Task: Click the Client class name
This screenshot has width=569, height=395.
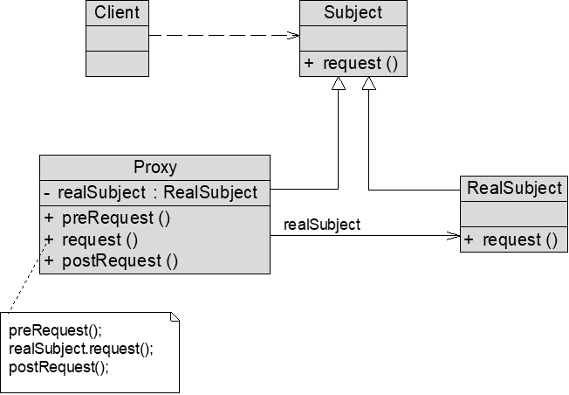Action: (117, 12)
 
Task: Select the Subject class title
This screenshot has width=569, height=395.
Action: (353, 12)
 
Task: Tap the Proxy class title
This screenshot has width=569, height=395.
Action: (155, 167)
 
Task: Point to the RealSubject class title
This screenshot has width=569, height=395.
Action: (514, 188)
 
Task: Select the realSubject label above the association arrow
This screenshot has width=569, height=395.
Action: (322, 225)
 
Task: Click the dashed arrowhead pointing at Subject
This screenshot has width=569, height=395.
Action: (293, 35)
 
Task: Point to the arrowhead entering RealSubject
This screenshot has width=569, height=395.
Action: (454, 235)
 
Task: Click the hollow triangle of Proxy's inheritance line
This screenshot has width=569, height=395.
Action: (339, 83)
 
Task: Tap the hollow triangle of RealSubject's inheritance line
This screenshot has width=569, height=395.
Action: (368, 83)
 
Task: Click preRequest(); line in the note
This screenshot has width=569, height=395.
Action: (56, 330)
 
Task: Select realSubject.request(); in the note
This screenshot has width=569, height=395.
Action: (81, 349)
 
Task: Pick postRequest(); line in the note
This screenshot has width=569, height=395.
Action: (58, 367)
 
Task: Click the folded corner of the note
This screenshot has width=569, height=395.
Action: (175, 316)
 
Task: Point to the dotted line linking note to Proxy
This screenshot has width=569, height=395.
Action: (28, 275)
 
